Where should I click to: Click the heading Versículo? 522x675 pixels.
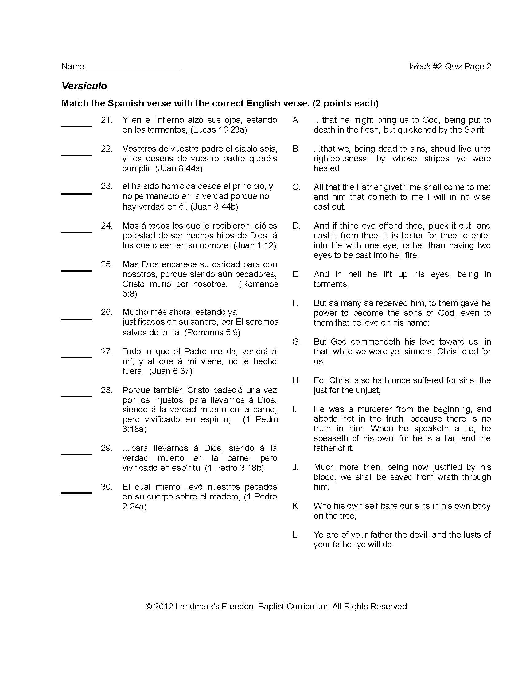[84, 86]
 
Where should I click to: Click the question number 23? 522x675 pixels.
[106, 186]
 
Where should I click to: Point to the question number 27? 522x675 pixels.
[106, 351]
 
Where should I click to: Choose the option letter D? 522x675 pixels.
[296, 226]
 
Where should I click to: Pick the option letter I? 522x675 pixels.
[294, 409]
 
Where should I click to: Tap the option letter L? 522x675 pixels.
[296, 535]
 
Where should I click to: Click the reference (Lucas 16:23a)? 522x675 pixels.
[218, 130]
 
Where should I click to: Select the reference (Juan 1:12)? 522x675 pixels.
[255, 245]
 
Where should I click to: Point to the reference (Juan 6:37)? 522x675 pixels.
[171, 371]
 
